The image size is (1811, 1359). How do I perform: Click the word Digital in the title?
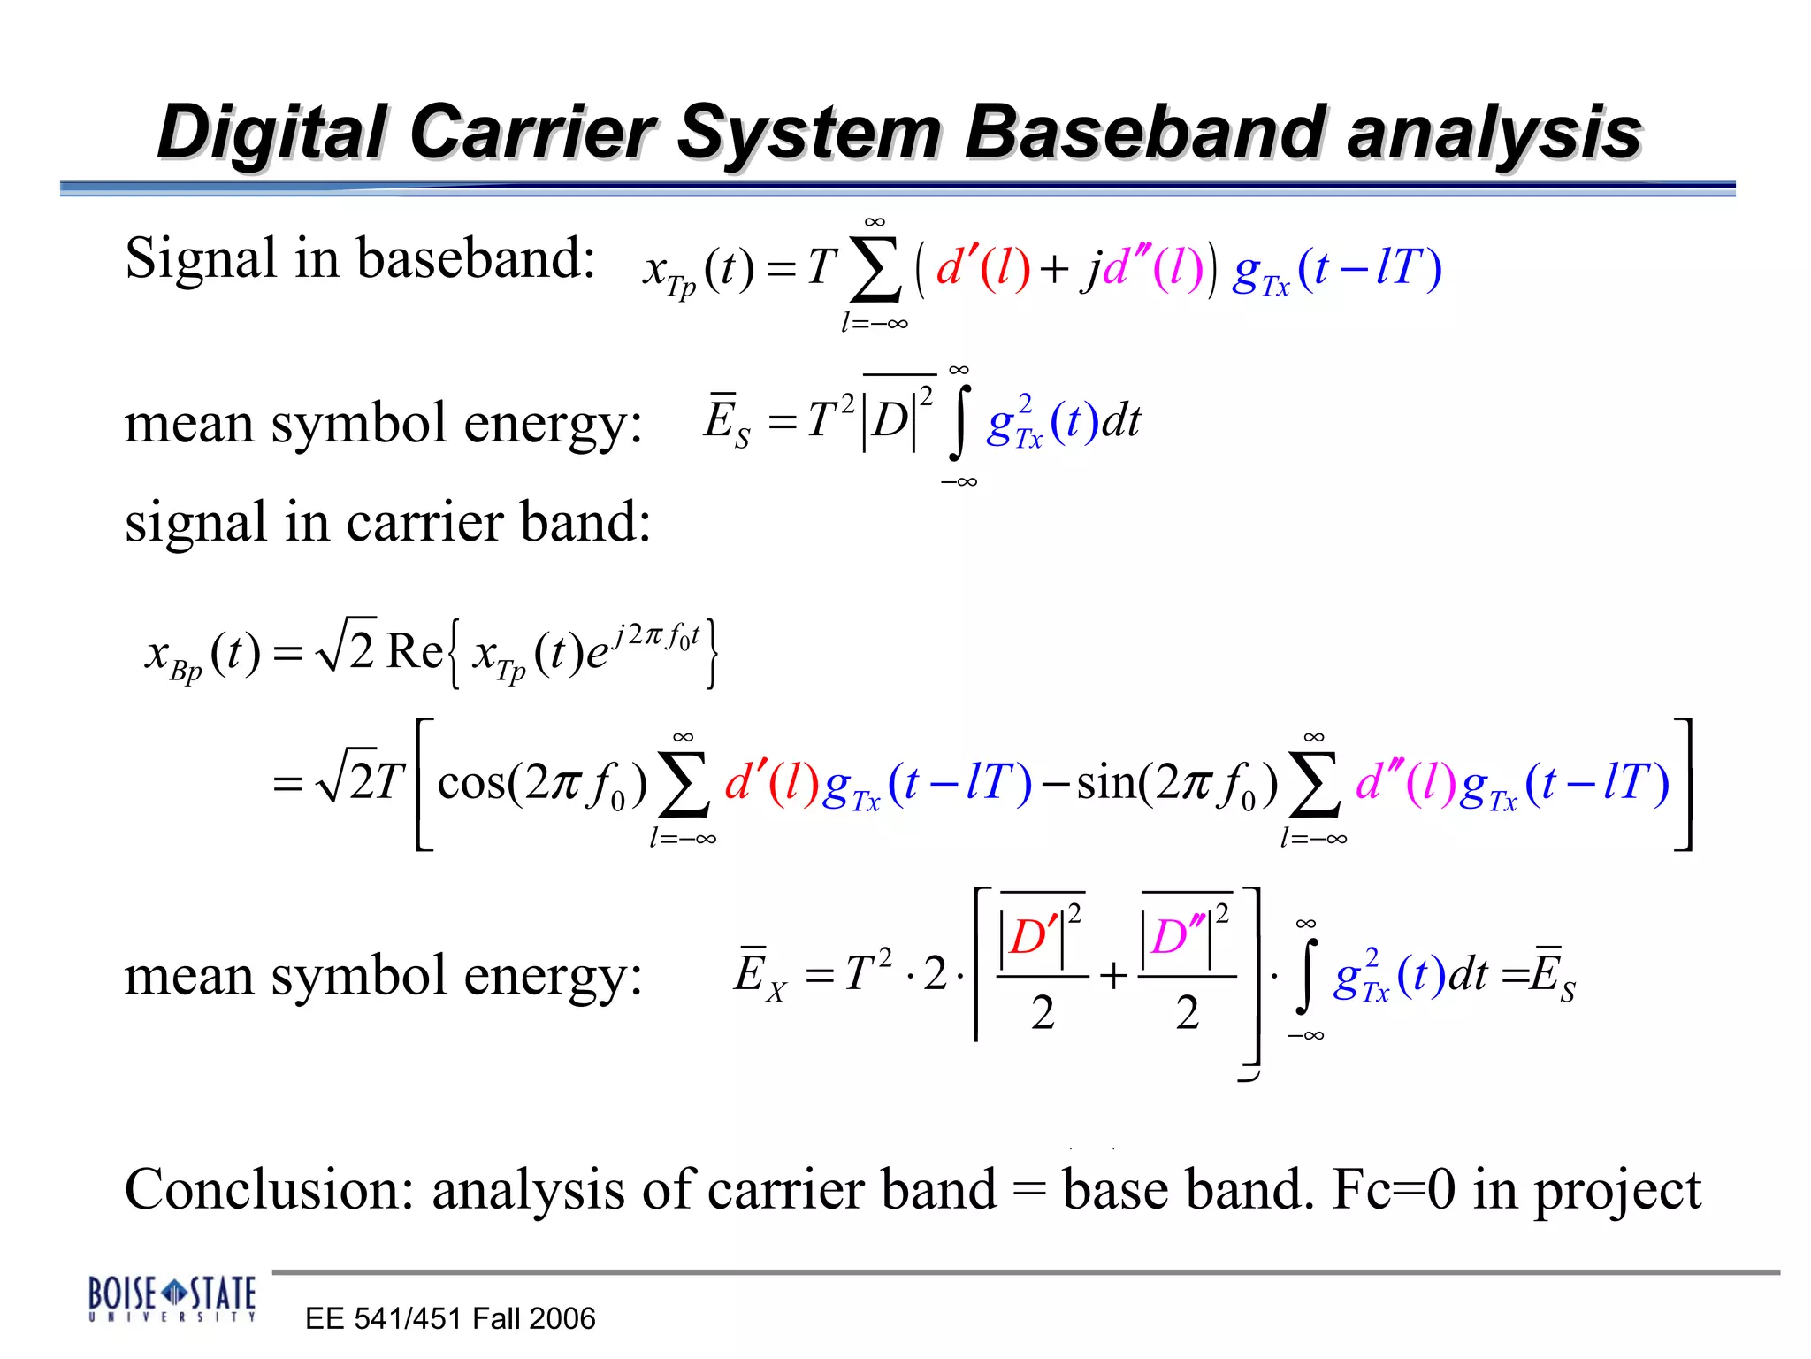tap(272, 133)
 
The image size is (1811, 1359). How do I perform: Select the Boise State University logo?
tap(172, 1298)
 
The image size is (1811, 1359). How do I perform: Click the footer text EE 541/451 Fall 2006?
tap(450, 1318)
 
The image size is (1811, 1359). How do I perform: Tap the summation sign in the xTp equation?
tap(875, 268)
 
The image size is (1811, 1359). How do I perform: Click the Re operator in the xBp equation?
tap(415, 652)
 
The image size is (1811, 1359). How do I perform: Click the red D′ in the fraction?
tap(1034, 936)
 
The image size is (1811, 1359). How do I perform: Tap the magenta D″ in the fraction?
tap(1177, 936)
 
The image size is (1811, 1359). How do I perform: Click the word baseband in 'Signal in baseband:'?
tap(475, 259)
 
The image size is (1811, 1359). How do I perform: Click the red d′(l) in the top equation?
tap(982, 267)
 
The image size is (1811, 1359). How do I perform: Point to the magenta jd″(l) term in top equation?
tap(1142, 267)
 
